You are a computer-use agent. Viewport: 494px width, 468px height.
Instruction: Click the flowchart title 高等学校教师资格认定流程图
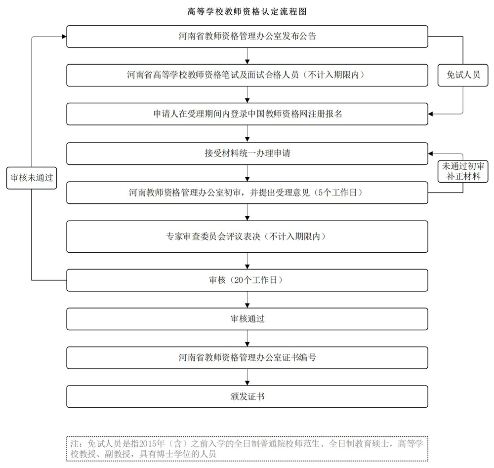click(247, 12)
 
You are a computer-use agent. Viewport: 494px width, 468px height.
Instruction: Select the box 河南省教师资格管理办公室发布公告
click(247, 37)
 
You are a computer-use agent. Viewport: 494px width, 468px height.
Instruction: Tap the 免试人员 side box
click(463, 75)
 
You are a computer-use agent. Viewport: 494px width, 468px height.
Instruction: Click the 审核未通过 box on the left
click(32, 178)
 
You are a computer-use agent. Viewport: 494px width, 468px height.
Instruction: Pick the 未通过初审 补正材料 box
click(463, 171)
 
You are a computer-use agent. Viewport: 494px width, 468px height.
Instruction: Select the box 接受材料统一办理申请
click(247, 154)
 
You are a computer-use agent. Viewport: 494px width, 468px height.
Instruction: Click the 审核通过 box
click(247, 319)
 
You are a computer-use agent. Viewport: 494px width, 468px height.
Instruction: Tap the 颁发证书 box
click(247, 396)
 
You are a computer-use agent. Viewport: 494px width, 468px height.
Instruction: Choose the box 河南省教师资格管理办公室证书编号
click(247, 358)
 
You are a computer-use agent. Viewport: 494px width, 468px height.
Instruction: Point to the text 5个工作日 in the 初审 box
click(337, 193)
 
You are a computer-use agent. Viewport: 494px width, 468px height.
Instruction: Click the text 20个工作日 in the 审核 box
click(255, 280)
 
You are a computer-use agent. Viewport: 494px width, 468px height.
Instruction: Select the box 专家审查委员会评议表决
click(247, 236)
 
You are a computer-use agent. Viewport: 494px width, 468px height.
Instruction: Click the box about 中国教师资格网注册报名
click(247, 114)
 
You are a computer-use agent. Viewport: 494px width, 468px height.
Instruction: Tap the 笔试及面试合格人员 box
click(247, 75)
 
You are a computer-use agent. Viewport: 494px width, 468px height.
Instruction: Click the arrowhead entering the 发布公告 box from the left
click(64, 37)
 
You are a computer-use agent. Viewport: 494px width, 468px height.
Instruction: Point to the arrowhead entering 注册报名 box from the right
click(430, 114)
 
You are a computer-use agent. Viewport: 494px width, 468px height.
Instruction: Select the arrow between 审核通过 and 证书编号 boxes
click(247, 338)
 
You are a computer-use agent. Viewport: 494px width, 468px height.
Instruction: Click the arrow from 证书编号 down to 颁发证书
click(247, 377)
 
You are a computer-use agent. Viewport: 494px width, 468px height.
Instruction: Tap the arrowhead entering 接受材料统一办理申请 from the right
click(430, 154)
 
